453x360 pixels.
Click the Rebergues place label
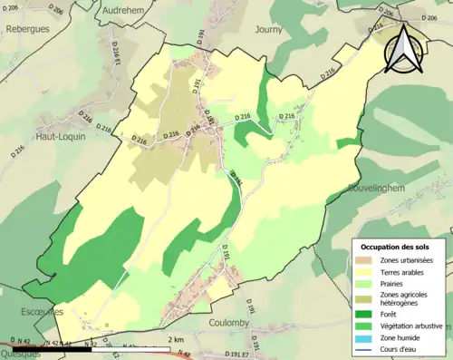(26, 21)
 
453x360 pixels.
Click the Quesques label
(21, 355)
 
